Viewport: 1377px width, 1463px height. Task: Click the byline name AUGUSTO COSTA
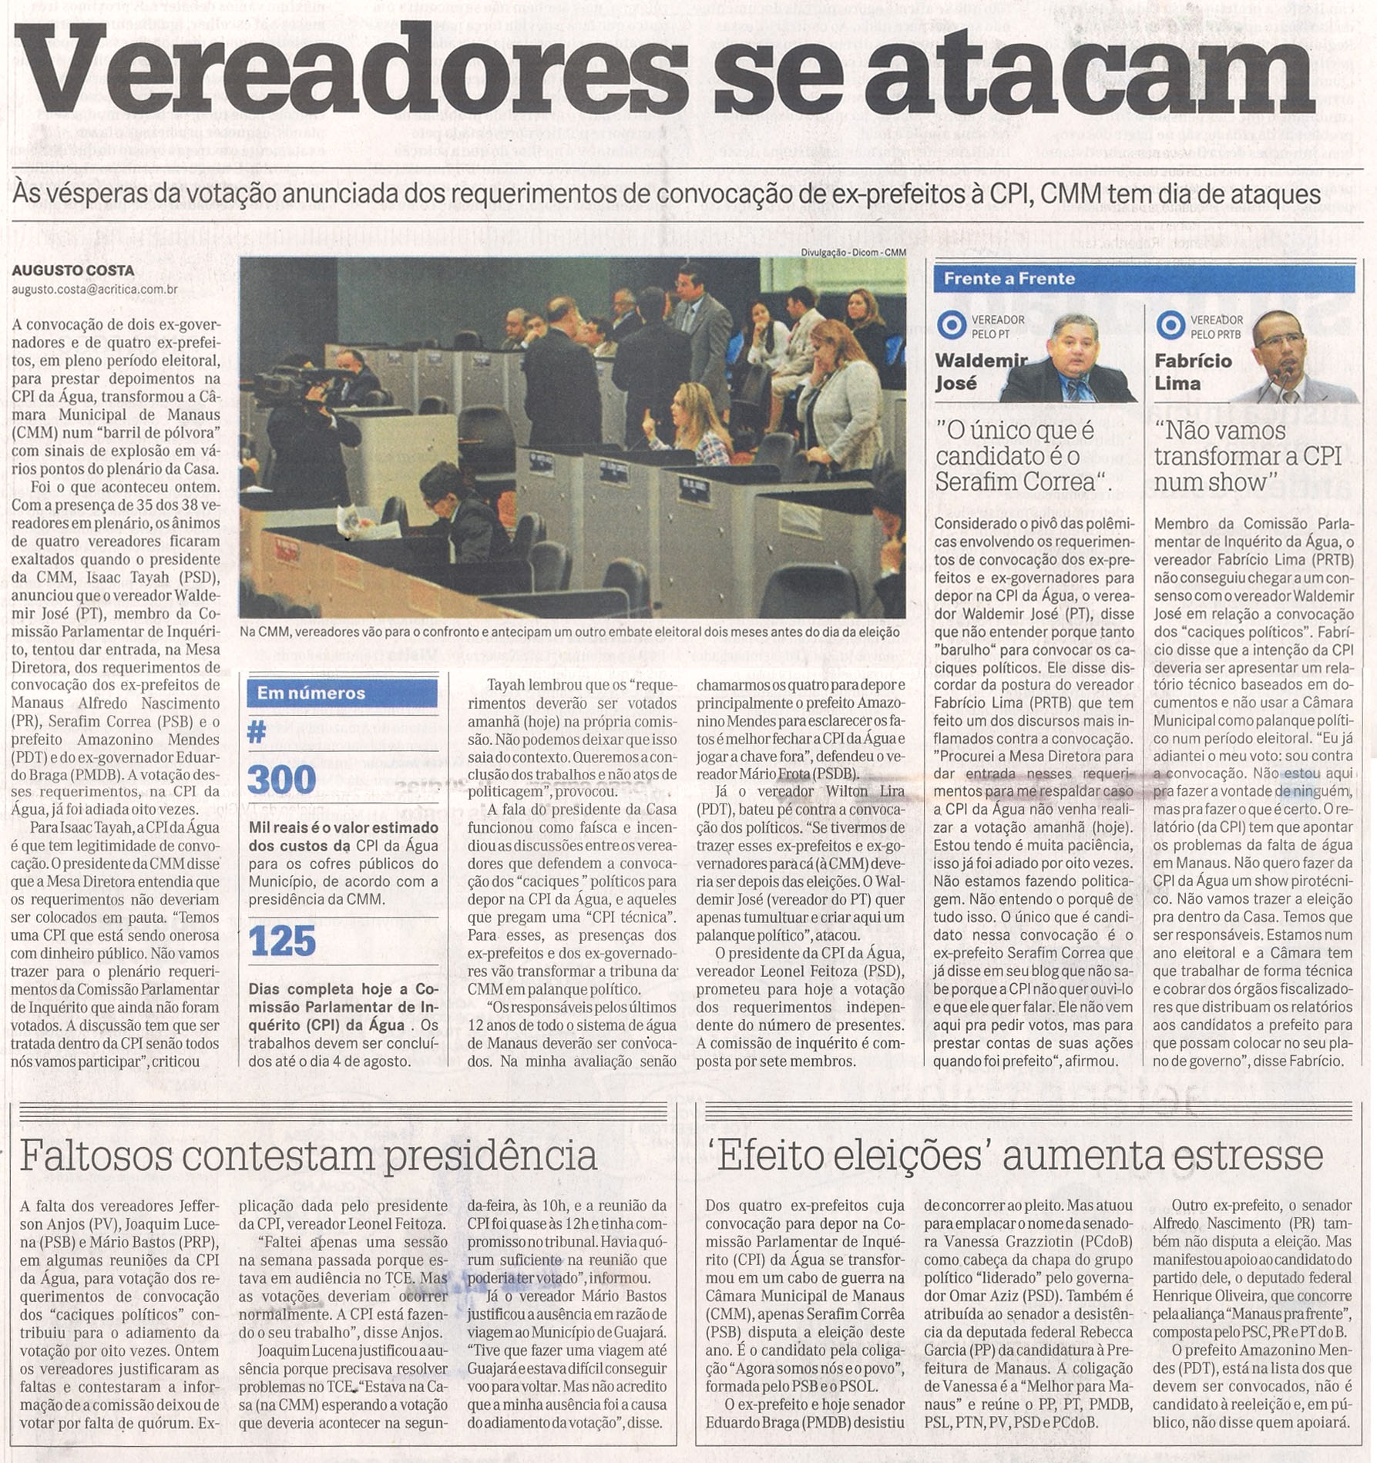(72, 270)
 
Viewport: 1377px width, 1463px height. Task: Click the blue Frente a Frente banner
(1144, 279)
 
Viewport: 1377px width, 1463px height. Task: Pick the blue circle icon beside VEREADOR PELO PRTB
(1170, 326)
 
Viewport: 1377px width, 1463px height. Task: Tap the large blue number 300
(282, 779)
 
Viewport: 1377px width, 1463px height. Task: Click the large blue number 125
(283, 941)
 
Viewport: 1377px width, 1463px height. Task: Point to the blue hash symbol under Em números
(257, 732)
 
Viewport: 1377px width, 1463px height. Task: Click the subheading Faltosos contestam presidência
(308, 1155)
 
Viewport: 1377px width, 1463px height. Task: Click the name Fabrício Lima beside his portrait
(1193, 371)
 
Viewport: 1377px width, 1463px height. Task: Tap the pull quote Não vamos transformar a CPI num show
(1248, 456)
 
